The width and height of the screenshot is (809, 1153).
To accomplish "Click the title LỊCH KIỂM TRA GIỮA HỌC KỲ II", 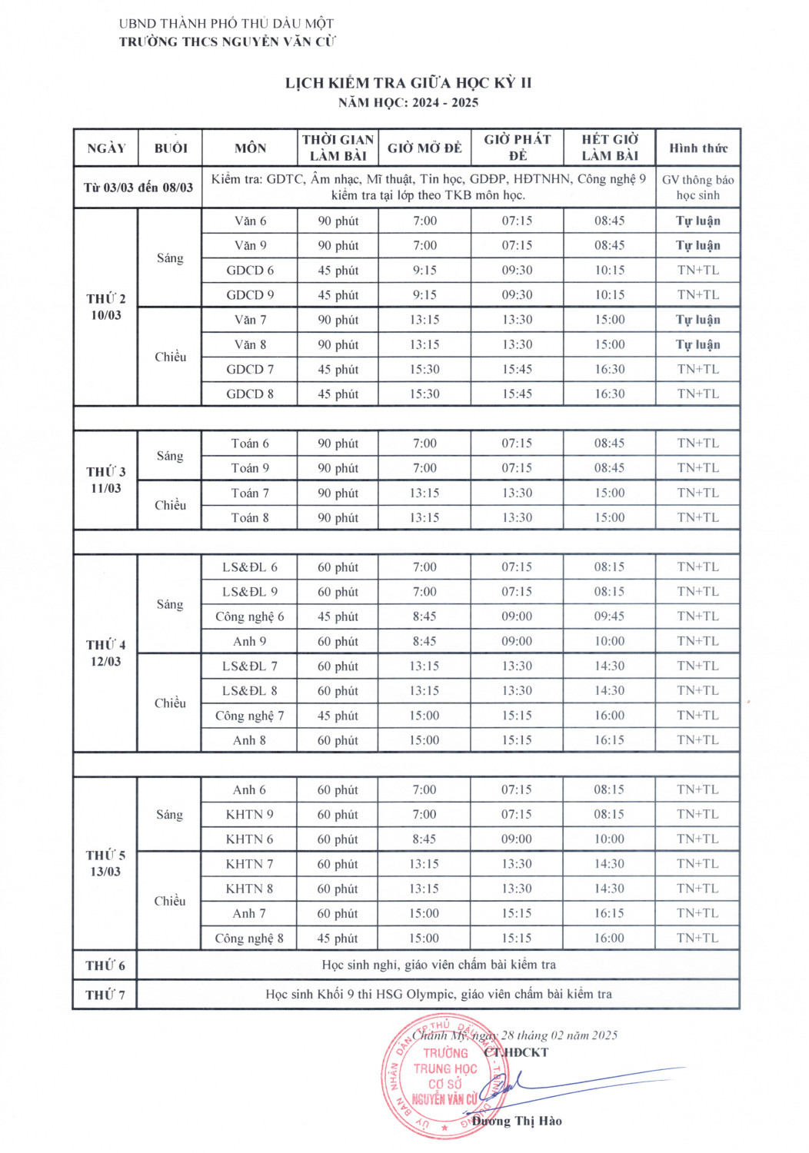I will [x=408, y=83].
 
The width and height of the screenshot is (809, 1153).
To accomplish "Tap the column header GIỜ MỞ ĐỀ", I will [x=424, y=148].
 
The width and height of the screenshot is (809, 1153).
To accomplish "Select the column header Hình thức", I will [x=697, y=148].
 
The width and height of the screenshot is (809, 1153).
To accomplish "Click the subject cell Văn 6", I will [x=250, y=221].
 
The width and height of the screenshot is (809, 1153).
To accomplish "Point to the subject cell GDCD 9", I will [x=250, y=295].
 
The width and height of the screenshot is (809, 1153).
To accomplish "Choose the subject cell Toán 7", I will [x=250, y=493].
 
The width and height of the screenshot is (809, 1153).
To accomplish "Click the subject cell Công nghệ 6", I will [x=250, y=616].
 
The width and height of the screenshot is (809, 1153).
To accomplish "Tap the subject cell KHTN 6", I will [x=250, y=839].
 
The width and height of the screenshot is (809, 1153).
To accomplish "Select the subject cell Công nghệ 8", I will [x=250, y=938].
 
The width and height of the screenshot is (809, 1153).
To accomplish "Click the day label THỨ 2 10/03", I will [x=106, y=307].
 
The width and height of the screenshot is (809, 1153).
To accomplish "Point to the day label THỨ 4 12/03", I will [x=106, y=653].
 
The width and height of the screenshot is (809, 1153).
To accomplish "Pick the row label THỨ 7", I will [x=105, y=995].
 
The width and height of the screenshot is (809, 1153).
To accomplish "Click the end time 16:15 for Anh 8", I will [x=609, y=740].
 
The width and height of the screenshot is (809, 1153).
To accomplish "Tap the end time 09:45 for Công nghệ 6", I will [x=609, y=616].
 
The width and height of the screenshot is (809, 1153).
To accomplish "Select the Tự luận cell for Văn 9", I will [x=697, y=246].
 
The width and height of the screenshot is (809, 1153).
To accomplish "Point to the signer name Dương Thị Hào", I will [x=517, y=1121].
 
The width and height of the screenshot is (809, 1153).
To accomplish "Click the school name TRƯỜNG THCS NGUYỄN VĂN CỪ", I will [x=227, y=42].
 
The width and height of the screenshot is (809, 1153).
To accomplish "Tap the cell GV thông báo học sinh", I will [x=697, y=188].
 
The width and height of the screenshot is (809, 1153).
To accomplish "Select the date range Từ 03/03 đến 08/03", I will [x=138, y=188].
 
